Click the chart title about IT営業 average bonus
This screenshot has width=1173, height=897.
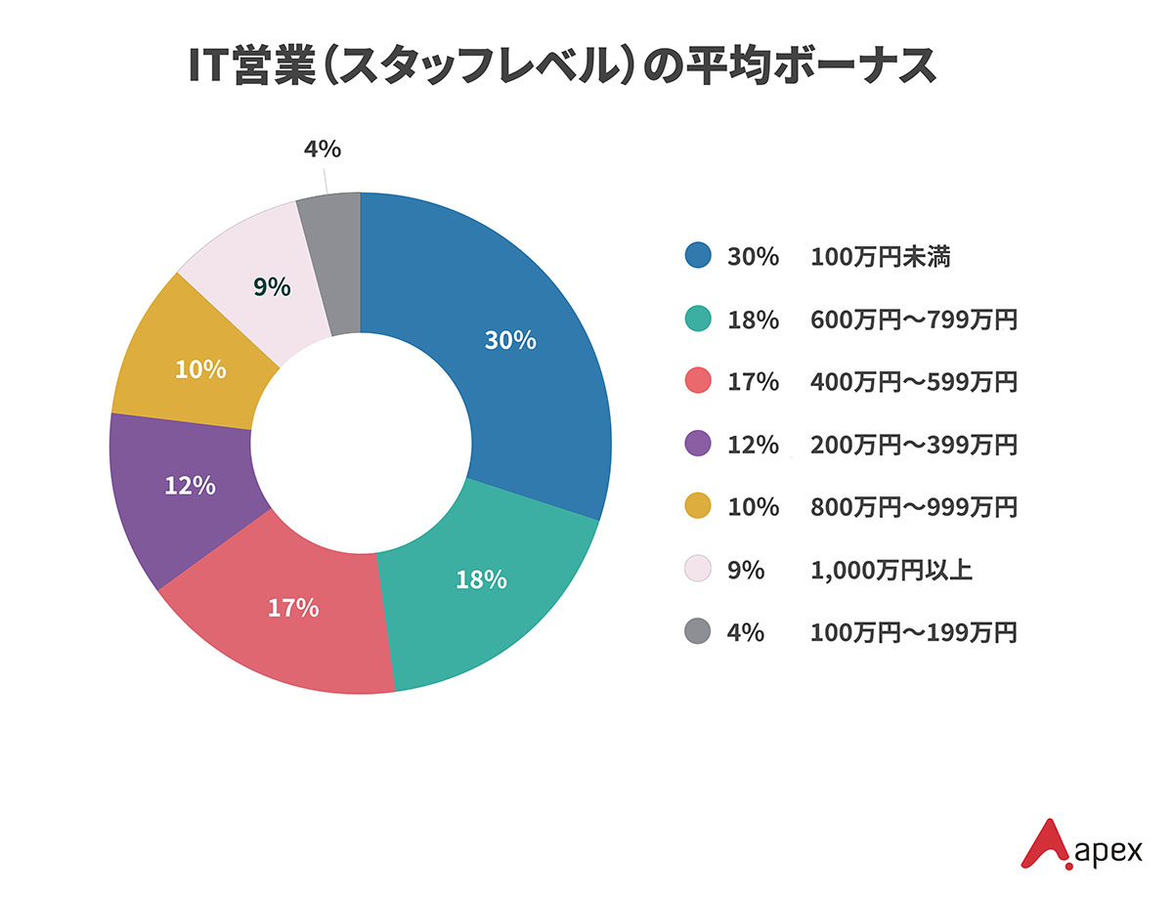pyautogui.click(x=563, y=67)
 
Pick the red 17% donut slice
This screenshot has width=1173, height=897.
pyautogui.click(x=293, y=625)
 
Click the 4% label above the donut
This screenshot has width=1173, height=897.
pyautogui.click(x=322, y=149)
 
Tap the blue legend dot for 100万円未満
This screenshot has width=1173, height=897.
pyautogui.click(x=697, y=257)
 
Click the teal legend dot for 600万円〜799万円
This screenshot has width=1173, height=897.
pyautogui.click(x=697, y=320)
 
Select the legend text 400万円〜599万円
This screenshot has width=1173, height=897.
pyautogui.click(x=914, y=382)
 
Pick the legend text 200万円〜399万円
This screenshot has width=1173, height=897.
pyautogui.click(x=914, y=445)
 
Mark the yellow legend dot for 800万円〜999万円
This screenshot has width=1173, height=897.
pyautogui.click(x=697, y=507)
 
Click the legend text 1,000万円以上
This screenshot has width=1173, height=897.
pyautogui.click(x=891, y=570)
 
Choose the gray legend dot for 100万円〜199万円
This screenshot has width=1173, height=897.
pyautogui.click(x=697, y=632)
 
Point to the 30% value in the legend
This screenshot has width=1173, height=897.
pyautogui.click(x=753, y=257)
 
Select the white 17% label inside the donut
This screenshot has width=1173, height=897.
pyautogui.click(x=293, y=608)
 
